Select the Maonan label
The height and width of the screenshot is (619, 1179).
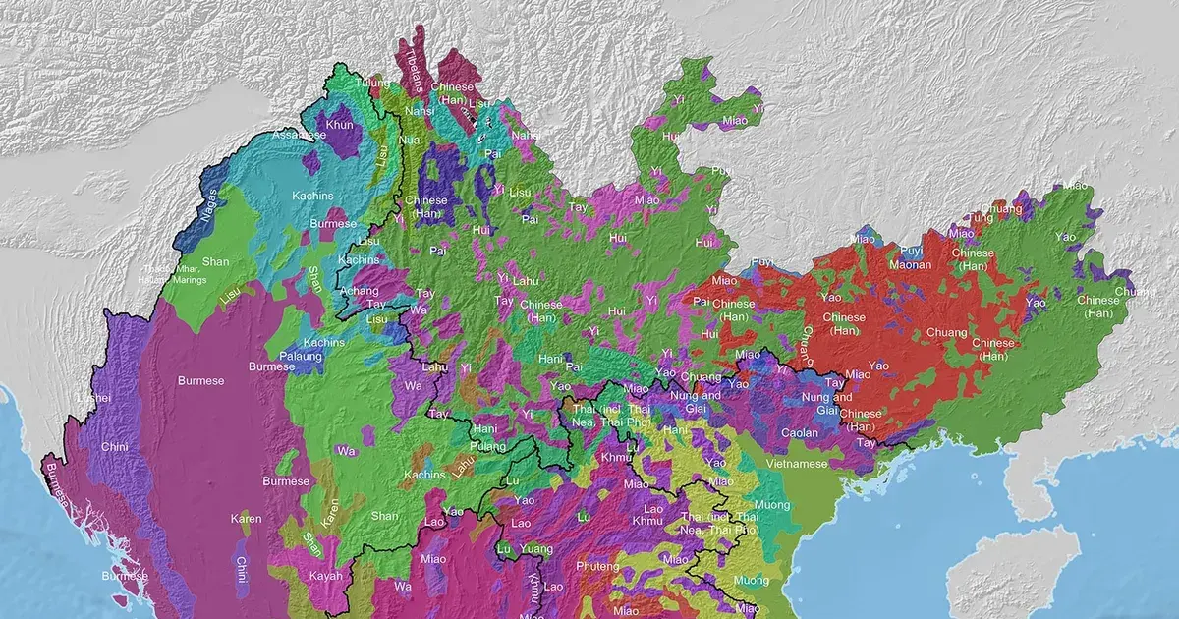tap(910, 264)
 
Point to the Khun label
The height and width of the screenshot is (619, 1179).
tap(339, 125)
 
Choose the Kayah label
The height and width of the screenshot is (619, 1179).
tap(324, 576)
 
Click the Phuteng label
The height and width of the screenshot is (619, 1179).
tap(597, 567)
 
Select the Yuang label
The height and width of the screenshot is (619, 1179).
tap(535, 549)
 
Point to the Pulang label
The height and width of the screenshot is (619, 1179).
tap(487, 444)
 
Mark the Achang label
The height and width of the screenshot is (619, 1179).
tap(359, 292)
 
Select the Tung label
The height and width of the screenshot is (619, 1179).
tap(980, 217)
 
